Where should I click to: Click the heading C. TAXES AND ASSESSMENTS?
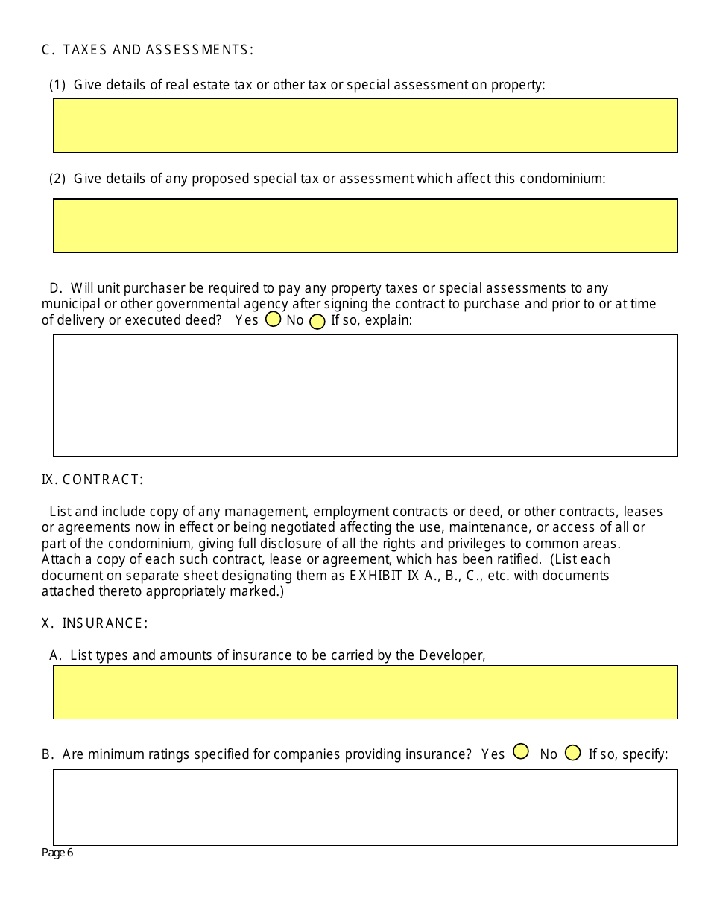tap(147, 50)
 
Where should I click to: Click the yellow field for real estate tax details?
tap(365, 125)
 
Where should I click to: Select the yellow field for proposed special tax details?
tap(365, 226)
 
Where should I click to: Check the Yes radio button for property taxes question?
tap(273, 319)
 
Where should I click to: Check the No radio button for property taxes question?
tap(317, 322)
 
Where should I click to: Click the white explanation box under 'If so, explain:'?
tap(365, 395)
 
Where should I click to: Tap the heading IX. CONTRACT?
tap(92, 480)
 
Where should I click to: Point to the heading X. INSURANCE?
tap(94, 623)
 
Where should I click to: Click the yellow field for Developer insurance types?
tap(365, 692)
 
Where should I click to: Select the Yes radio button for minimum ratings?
tap(521, 752)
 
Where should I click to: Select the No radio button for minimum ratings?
tap(572, 753)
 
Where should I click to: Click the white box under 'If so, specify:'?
tap(365, 807)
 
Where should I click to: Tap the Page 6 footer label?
tap(57, 853)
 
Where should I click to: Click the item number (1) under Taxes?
tap(57, 85)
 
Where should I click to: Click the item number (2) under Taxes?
tap(57, 179)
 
